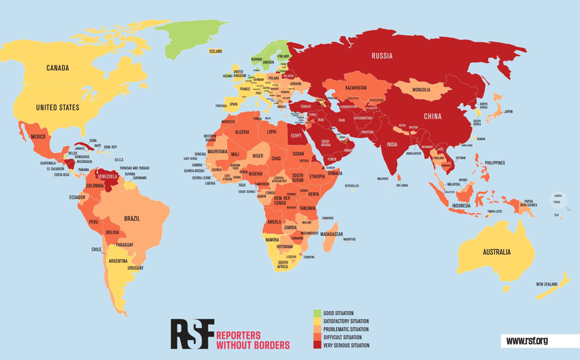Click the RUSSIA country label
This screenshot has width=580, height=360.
[382, 56]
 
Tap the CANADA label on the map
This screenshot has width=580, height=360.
[57, 68]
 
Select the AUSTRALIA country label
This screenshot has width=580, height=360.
[496, 252]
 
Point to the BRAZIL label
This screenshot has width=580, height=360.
[132, 218]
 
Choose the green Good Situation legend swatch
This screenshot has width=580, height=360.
[317, 313]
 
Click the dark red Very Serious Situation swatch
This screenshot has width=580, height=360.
[317, 345]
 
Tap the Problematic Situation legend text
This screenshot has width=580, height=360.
[346, 329]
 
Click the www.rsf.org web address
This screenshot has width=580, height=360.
[527, 341]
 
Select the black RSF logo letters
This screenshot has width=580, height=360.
[192, 334]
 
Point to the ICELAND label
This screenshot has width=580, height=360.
[215, 51]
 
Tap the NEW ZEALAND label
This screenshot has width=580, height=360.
[546, 284]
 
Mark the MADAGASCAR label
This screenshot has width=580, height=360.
[331, 234]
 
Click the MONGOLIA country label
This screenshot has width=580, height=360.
[421, 90]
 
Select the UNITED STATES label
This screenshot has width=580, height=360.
[57, 108]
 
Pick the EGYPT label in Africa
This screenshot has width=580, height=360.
[296, 135]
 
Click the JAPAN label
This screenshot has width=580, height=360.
[508, 111]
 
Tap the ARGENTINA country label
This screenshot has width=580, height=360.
[118, 261]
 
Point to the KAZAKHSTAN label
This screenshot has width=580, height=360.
[356, 88]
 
